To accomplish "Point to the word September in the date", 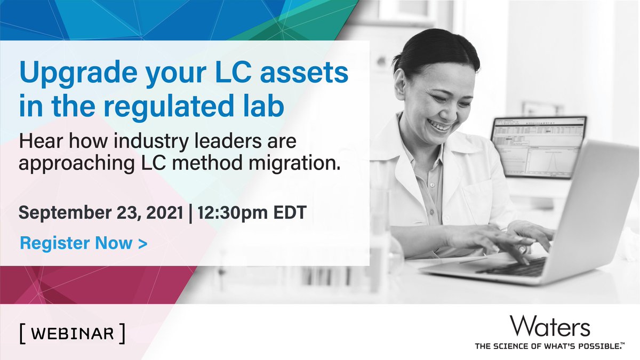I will [x=63, y=213].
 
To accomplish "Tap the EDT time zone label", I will [x=288, y=213].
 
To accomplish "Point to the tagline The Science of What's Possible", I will [x=549, y=346].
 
